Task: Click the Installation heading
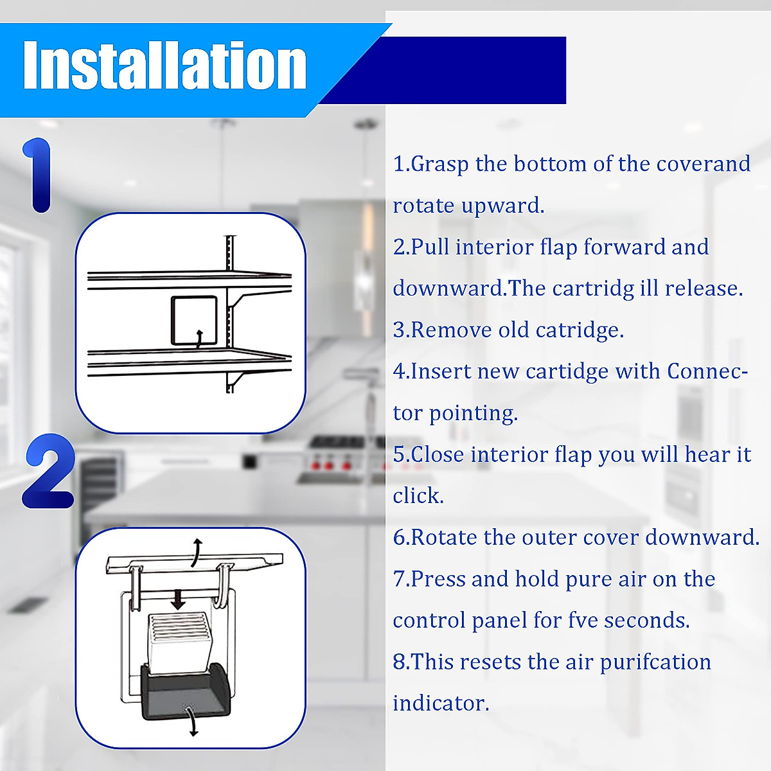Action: (x=164, y=66)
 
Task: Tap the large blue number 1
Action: (x=39, y=175)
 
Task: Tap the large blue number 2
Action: (x=49, y=472)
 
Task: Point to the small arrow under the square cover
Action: (x=200, y=339)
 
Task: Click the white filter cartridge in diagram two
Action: (x=179, y=639)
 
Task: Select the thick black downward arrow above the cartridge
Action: (x=178, y=600)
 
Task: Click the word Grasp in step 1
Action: (x=439, y=164)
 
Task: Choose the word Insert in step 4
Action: (x=441, y=371)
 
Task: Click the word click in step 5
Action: (x=418, y=495)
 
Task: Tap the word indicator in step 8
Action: (x=441, y=703)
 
